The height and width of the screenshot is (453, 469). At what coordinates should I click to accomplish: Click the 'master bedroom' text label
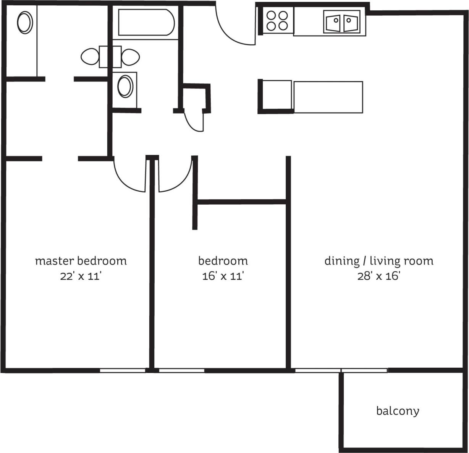pos(81,261)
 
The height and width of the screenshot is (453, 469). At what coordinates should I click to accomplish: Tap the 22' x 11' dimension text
pos(81,276)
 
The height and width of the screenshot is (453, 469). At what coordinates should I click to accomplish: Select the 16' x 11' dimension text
pos(223,276)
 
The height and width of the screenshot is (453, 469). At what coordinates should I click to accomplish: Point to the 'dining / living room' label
pos(378,261)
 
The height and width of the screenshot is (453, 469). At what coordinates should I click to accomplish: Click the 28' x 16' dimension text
pos(378,276)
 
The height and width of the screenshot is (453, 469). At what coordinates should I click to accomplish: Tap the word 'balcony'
pos(398,411)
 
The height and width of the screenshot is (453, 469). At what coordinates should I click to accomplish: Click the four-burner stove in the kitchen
pos(277,21)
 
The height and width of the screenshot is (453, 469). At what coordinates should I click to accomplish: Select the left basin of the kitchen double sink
pos(334,23)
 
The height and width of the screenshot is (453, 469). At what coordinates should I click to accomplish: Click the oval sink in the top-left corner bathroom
pos(25,23)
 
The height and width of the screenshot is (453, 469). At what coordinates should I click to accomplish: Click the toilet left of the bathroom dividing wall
pos(90,57)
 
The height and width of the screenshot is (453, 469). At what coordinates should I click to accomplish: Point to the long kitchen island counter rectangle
pos(328,97)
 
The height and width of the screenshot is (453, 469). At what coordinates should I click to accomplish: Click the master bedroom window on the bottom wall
pos(123,370)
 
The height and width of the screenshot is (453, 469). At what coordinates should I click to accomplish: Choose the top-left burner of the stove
pos(271,16)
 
